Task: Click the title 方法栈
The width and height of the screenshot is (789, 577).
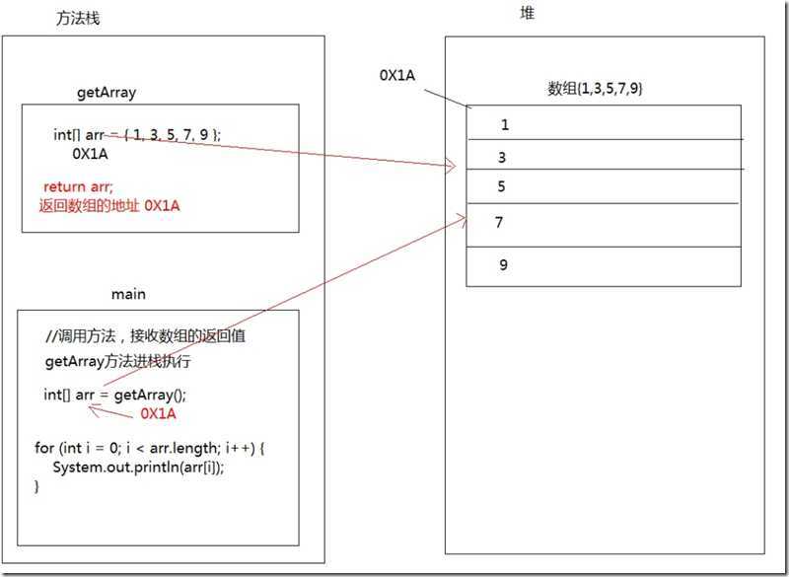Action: [x=78, y=20]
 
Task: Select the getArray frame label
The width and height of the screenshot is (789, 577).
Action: [x=107, y=93]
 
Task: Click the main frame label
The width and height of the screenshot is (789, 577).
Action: [x=129, y=294]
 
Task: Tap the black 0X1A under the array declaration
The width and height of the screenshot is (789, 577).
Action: [x=90, y=154]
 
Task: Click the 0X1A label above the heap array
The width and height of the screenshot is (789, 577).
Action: [x=396, y=75]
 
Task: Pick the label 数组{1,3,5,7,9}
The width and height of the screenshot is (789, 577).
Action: [x=596, y=89]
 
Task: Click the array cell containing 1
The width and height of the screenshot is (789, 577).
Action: [x=604, y=124]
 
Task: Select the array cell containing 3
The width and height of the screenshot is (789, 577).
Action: [x=604, y=156]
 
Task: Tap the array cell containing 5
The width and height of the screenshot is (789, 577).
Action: [x=604, y=186]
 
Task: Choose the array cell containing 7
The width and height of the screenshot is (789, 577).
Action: [x=604, y=224]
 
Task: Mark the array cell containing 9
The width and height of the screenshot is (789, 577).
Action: [x=604, y=265]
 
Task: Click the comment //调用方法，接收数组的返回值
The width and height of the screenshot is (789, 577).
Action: [x=146, y=336]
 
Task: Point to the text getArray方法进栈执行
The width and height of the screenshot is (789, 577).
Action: [x=118, y=362]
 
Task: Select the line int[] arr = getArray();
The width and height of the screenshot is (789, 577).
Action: [x=114, y=395]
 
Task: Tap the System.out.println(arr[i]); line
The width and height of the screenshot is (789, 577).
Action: [x=138, y=468]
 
